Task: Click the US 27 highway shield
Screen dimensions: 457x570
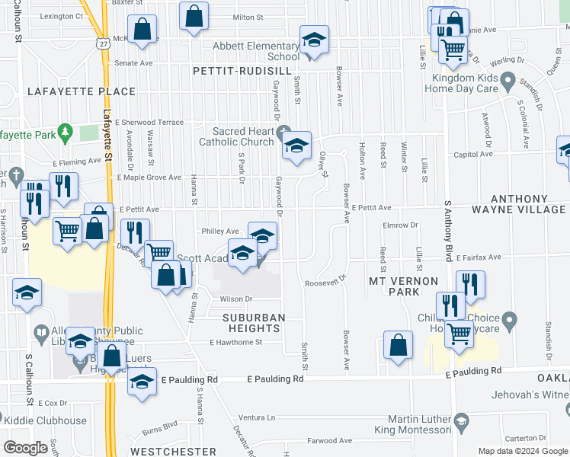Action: pos(103,45)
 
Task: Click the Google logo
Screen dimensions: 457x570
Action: pos(26,448)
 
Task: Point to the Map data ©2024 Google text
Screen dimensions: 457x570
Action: pos(522,451)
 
